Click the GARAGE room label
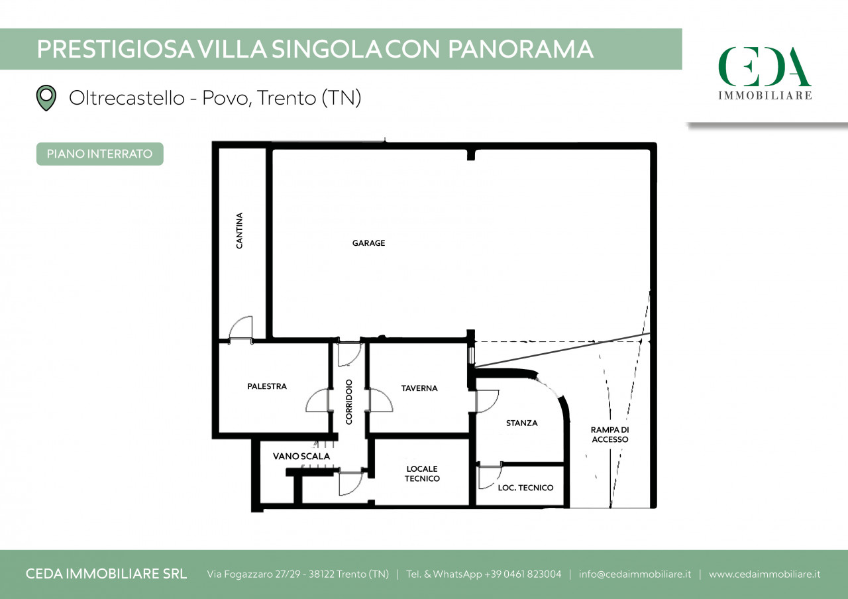click(368, 243)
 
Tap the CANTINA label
click(239, 231)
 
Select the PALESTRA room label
click(267, 386)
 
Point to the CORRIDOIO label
click(348, 402)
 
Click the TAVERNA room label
click(419, 388)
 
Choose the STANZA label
click(521, 423)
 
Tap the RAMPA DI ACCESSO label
click(610, 435)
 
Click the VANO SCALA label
click(301, 457)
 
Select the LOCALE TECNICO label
click(422, 474)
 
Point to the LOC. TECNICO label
click(525, 488)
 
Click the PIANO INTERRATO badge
click(100, 154)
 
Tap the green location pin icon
click(46, 97)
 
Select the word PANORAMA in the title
click(521, 49)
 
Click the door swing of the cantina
click(240, 328)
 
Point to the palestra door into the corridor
click(318, 400)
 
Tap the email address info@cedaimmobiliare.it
click(635, 574)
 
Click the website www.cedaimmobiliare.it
click(765, 574)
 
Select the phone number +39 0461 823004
click(523, 574)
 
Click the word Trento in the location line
click(286, 98)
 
